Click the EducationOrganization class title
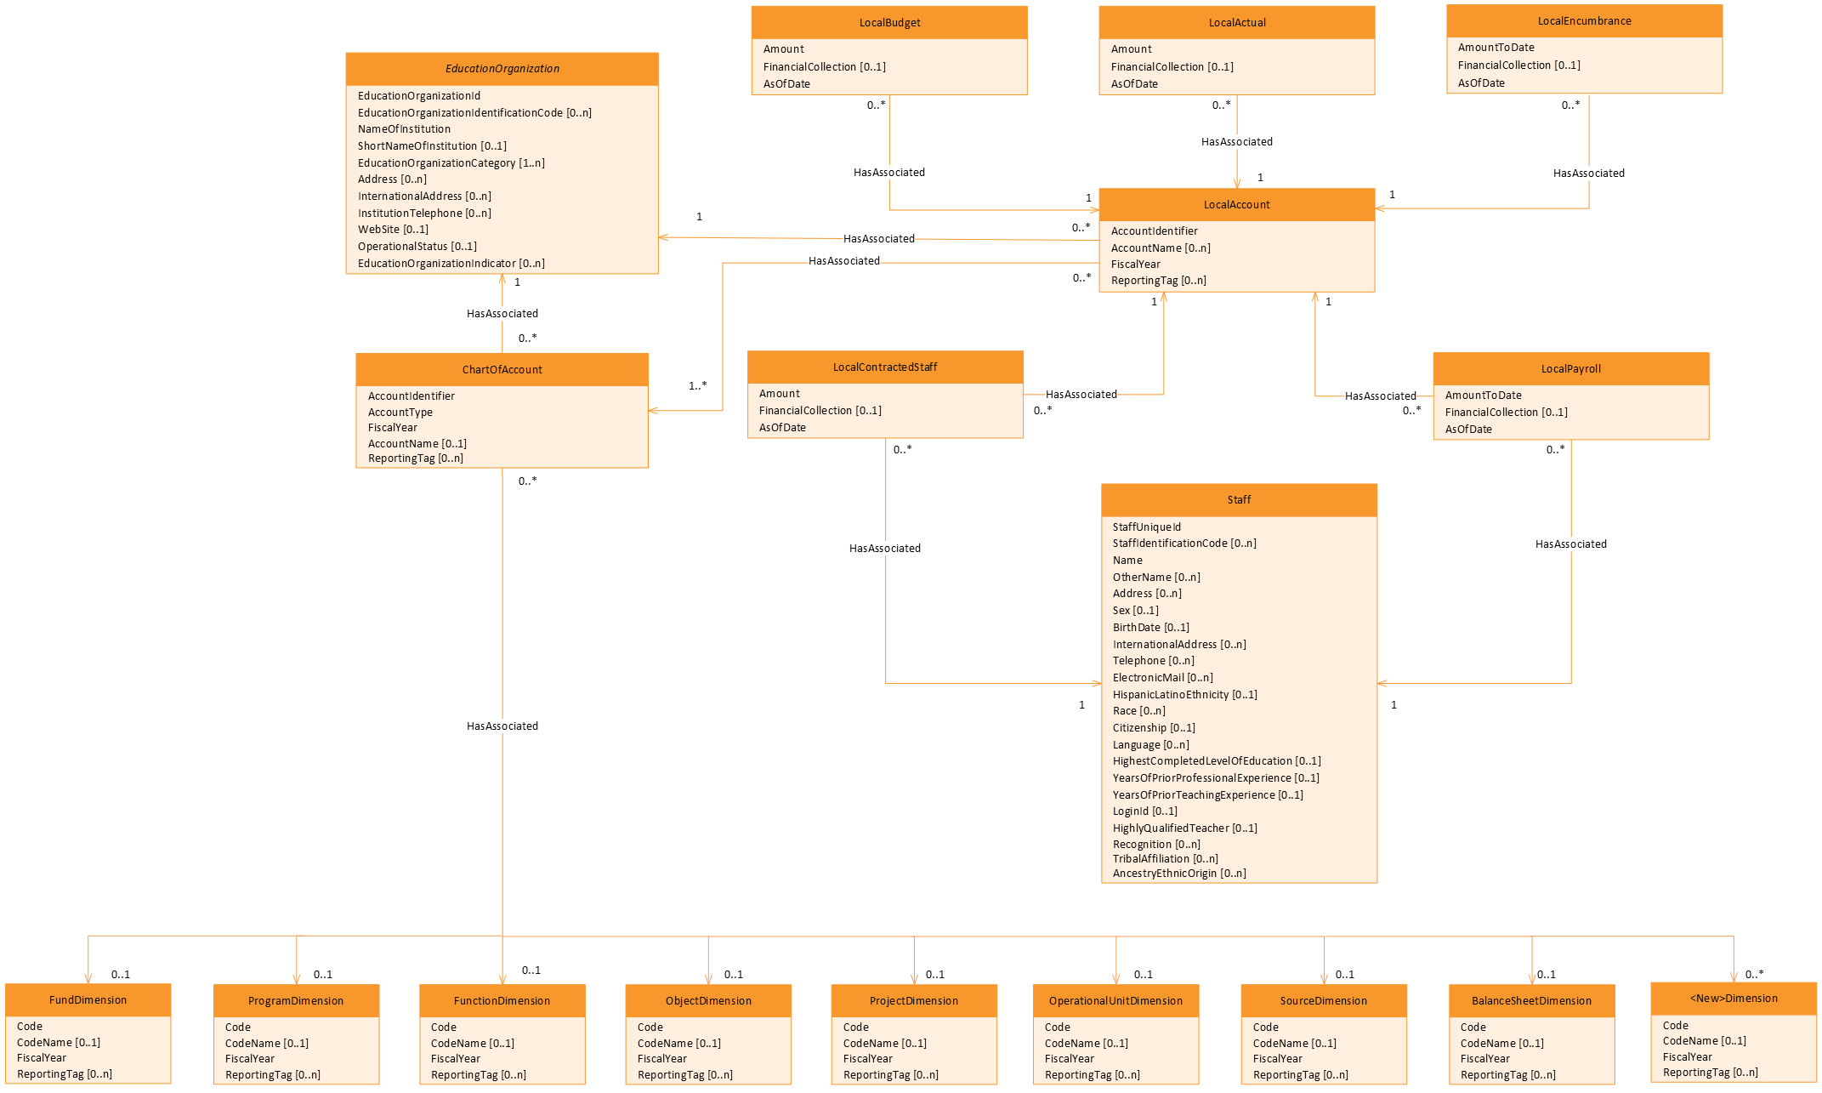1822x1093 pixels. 502,69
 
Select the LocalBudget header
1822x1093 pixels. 889,23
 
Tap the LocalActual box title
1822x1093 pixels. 1237,23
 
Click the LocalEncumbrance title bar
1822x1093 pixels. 1584,21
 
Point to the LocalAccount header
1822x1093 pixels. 1236,205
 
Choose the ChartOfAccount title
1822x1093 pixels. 502,370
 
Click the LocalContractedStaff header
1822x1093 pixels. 885,367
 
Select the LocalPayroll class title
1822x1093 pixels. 1570,369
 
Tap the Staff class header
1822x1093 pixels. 1239,500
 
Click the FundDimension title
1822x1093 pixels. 88,1000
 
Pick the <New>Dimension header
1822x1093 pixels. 1734,999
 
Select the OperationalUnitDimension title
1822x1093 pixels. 1115,1001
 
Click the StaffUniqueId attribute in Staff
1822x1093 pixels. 1146,527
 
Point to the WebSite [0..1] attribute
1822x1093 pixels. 393,230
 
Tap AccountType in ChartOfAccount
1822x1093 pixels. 400,413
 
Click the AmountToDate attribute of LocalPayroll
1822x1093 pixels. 1483,396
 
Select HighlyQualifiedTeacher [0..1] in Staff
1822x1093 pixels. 1184,828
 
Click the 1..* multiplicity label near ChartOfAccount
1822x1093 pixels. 697,386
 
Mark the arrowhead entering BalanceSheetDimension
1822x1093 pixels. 1532,979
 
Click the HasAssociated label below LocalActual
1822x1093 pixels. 1236,142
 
